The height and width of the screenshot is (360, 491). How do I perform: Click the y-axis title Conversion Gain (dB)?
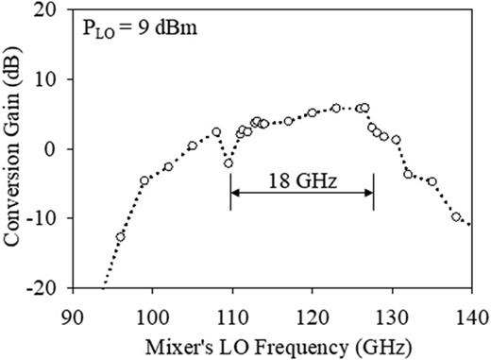(x=16, y=148)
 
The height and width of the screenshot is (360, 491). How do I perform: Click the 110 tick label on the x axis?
(x=231, y=314)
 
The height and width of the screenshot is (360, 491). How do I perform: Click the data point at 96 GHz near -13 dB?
(x=120, y=237)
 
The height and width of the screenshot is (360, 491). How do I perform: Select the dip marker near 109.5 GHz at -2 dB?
(x=228, y=163)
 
